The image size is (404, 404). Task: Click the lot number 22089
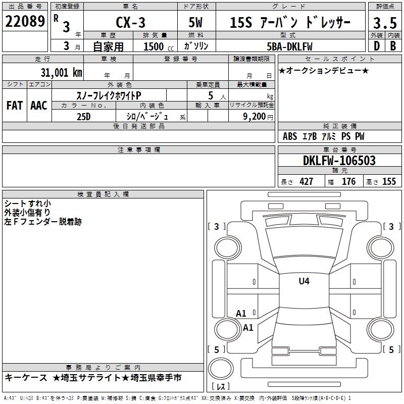[x=25, y=21]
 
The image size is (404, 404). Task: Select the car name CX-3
[x=130, y=22]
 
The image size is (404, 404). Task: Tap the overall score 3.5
[x=385, y=23]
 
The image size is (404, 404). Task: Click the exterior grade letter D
[x=377, y=46]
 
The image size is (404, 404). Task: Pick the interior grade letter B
[x=393, y=46]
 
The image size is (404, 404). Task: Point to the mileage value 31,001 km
[x=61, y=73]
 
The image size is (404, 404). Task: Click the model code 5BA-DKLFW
[x=289, y=46]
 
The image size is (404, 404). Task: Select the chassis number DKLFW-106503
[x=339, y=161]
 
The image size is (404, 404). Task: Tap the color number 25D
[x=84, y=117]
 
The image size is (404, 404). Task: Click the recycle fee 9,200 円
[x=258, y=117]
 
